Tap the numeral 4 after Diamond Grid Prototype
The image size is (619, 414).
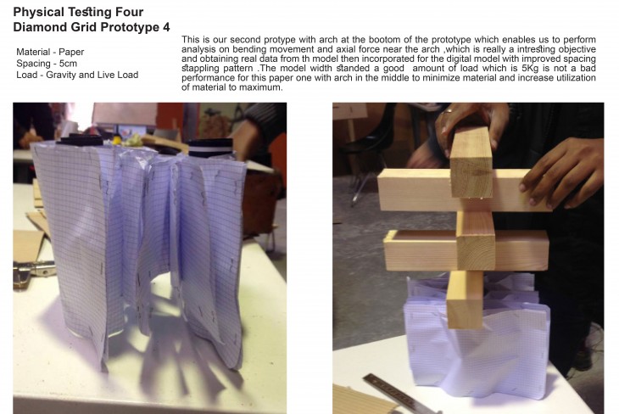[x=166, y=27]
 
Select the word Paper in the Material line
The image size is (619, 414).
[x=71, y=52]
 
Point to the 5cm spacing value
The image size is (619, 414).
[x=68, y=64]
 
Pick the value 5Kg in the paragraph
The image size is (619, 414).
[x=530, y=68]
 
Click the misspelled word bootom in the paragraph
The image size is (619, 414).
[x=382, y=40]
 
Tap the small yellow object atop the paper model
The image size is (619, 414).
[x=116, y=139]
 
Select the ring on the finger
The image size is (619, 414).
[x=447, y=111]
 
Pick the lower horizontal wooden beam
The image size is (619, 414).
[x=466, y=251]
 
